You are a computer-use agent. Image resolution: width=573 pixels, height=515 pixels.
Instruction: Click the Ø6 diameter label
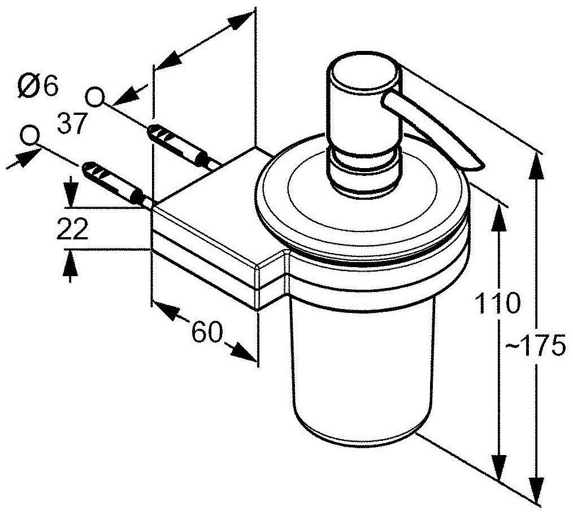[38, 87]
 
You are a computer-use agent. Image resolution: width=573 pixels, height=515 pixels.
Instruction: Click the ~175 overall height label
[540, 346]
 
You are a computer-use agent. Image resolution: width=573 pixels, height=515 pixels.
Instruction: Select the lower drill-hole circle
[29, 135]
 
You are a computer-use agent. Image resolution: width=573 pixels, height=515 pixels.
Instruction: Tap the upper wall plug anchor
[175, 145]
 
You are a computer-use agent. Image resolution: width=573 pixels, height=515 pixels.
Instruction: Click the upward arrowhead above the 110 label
[497, 216]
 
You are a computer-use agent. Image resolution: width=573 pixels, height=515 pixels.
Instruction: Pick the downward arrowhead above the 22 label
[70, 195]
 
